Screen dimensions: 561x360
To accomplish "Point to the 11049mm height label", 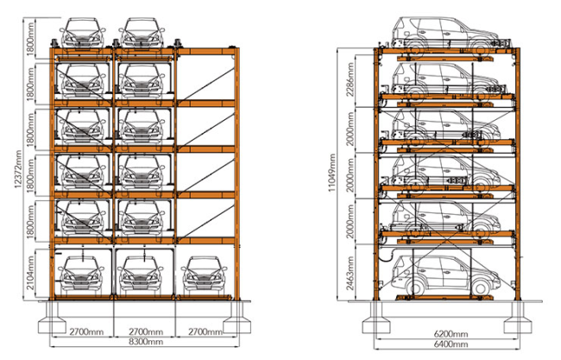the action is tap(332, 174).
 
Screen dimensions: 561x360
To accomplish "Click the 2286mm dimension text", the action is tap(350, 79).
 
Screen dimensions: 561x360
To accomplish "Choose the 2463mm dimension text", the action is tap(350, 273).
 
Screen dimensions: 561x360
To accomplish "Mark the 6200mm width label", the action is tap(451, 334).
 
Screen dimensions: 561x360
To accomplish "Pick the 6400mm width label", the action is tap(451, 344).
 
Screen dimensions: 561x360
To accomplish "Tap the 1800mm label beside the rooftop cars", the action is tap(31, 40).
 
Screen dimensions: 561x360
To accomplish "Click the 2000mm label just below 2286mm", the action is tap(350, 129).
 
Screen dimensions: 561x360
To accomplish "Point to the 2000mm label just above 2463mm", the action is tap(350, 222).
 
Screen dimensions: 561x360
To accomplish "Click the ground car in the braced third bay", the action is tap(204, 274).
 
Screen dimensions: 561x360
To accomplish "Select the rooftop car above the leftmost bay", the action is tap(83, 33).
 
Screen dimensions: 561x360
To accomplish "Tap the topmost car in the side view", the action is tap(445, 33).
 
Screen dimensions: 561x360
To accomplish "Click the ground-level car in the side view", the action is tap(445, 275).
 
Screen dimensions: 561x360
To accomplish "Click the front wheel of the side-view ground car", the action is tap(481, 287).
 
